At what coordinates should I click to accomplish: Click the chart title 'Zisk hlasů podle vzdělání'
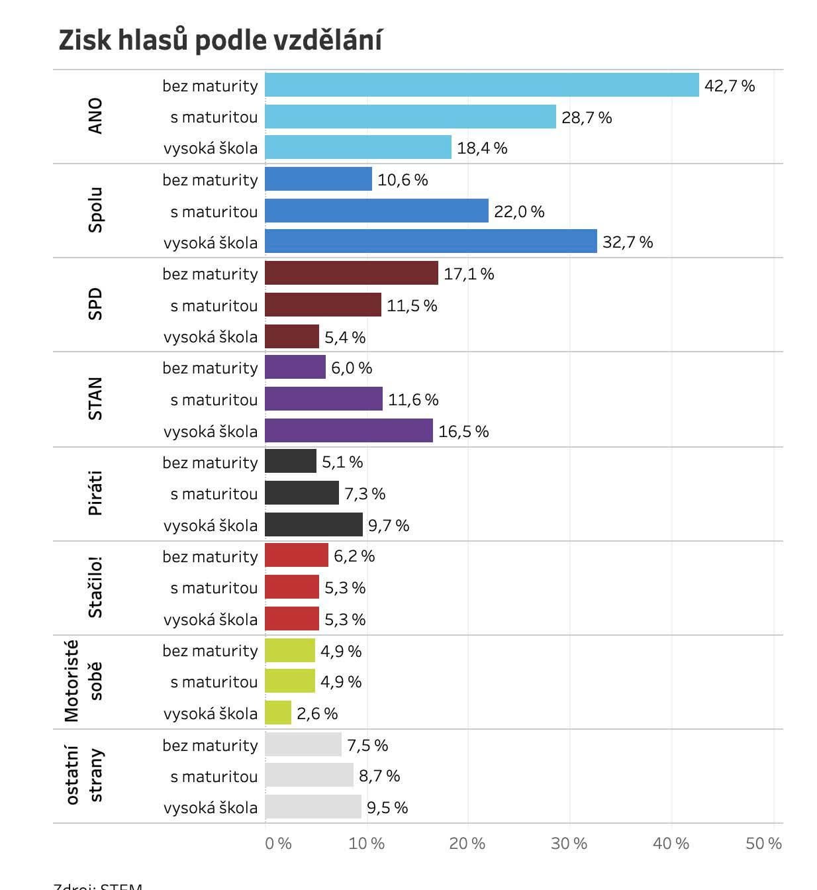tap(220, 40)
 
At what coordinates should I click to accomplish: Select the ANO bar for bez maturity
tap(481, 85)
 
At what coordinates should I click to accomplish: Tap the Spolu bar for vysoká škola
tap(430, 242)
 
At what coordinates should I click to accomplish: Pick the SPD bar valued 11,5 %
tap(322, 305)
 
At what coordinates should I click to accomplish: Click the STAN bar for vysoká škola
tap(348, 431)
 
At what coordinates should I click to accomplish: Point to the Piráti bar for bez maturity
tap(290, 462)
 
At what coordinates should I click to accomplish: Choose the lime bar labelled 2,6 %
tap(277, 713)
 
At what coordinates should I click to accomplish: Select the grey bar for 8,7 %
tap(309, 775)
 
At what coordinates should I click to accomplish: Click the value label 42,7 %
tap(730, 86)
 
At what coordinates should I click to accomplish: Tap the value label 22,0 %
tap(519, 212)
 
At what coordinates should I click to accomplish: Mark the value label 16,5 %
tap(463, 432)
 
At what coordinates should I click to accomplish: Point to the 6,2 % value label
tap(354, 556)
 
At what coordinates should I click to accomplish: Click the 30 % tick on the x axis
tap(569, 844)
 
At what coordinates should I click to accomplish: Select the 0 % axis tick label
tap(278, 844)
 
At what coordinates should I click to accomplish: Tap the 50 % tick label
tap(763, 844)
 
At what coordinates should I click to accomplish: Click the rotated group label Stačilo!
tap(95, 588)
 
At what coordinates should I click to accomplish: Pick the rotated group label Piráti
tap(95, 493)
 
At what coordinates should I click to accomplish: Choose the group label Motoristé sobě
tap(83, 681)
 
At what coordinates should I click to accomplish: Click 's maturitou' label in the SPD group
tap(214, 306)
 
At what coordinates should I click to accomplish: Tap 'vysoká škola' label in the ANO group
tap(211, 148)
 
